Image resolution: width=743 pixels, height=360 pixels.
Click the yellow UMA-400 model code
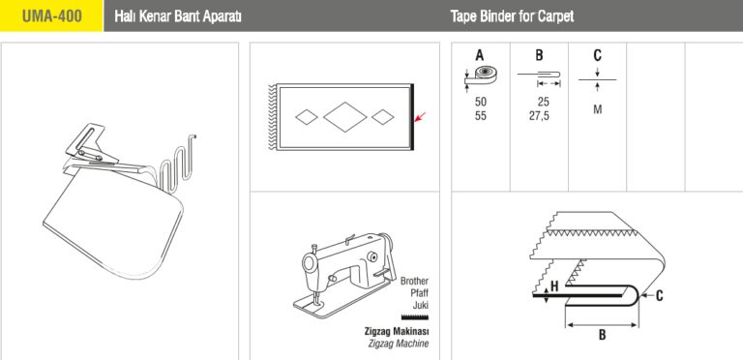(51, 16)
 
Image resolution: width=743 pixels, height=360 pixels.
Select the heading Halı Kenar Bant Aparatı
(178, 16)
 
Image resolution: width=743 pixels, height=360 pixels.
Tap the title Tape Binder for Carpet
(512, 16)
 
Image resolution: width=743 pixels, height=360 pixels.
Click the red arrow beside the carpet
(420, 117)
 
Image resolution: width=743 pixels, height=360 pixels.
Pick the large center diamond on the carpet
(345, 116)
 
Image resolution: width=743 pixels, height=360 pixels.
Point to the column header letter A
(480, 55)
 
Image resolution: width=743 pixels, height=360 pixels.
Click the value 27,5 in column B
(539, 116)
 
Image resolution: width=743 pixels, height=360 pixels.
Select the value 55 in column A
(481, 116)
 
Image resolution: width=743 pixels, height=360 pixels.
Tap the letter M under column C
(598, 109)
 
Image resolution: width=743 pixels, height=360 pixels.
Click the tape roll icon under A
(481, 76)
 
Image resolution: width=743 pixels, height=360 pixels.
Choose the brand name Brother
(414, 281)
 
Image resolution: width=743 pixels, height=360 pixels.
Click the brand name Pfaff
(419, 293)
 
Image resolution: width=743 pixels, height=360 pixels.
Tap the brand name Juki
(420, 306)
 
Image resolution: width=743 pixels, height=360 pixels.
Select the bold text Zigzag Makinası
(397, 331)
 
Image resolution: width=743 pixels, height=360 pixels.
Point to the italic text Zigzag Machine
(398, 344)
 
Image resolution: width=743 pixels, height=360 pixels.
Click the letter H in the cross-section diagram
(554, 286)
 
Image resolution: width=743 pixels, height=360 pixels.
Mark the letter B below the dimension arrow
(602, 335)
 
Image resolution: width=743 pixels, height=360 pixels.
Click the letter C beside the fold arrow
(659, 296)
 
